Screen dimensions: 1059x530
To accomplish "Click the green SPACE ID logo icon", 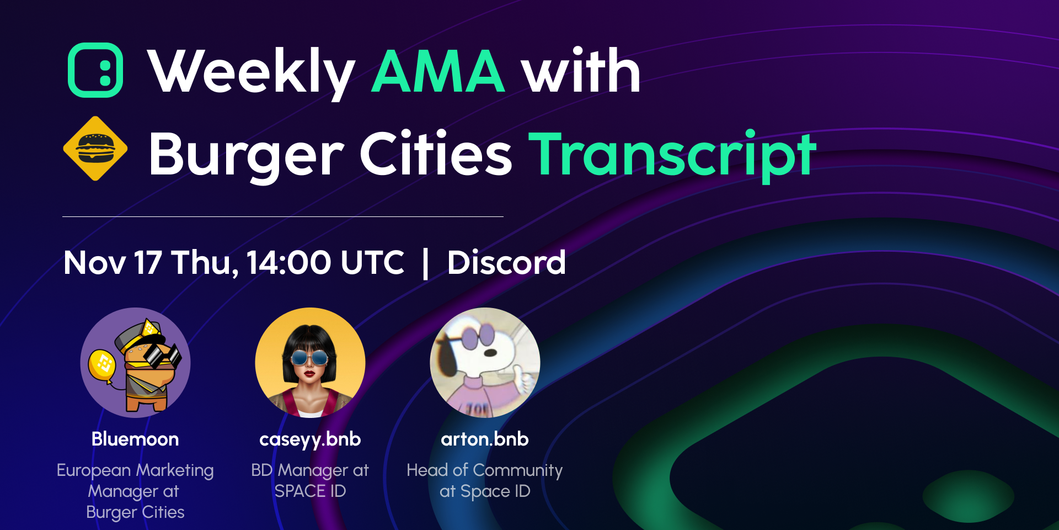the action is tap(95, 70).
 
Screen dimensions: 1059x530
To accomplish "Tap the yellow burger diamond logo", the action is tap(95, 149).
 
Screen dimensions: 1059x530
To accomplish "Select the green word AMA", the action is tap(438, 71).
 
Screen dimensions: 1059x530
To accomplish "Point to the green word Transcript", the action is tap(672, 154).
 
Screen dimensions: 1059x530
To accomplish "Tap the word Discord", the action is tap(506, 262).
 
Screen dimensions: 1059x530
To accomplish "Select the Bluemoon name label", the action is tap(135, 439).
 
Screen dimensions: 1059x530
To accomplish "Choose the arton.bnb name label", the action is tap(485, 439).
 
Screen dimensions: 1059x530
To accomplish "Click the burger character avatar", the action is tap(136, 363).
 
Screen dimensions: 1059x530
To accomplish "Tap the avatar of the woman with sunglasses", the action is tap(310, 363).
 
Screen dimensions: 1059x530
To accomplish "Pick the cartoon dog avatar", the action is tap(485, 363).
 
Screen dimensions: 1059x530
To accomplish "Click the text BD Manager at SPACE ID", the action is tap(310, 480).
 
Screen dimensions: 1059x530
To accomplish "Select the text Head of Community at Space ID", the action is tap(485, 480).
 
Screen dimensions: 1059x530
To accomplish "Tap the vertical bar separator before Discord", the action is tap(425, 263).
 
